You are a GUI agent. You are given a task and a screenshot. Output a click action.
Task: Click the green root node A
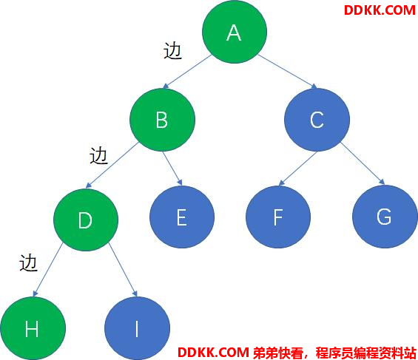[235, 32]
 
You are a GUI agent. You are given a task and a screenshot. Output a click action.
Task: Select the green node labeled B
[162, 120]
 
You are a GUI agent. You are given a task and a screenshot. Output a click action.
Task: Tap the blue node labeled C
[317, 120]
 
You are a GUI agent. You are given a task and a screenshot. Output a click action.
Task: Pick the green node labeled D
[86, 220]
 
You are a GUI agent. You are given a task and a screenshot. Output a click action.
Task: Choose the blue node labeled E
[182, 217]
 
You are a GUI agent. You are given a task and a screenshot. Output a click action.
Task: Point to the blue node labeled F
[278, 217]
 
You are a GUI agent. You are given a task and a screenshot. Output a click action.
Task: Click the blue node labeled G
[385, 217]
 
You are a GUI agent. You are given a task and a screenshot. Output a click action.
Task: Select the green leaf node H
[33, 328]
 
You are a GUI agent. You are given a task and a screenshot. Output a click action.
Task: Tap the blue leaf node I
[137, 328]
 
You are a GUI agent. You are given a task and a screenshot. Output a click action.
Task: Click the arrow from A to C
[287, 72]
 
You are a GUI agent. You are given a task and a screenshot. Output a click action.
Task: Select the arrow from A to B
[187, 72]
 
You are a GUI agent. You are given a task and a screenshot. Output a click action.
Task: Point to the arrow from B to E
[172, 169]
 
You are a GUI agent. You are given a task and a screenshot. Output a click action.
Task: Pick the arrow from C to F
[297, 169]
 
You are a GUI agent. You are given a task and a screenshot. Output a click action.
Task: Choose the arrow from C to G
[363, 163]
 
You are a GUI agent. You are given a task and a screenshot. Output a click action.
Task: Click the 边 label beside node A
[172, 50]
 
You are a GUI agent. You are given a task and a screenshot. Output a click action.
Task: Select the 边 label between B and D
[98, 155]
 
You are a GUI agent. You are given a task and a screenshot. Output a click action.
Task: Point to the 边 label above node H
[28, 263]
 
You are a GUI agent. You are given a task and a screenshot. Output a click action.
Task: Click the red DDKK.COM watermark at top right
[380, 10]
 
